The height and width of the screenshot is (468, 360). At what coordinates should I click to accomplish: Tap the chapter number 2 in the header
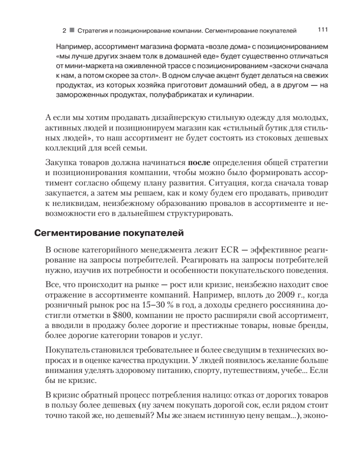(x=64, y=30)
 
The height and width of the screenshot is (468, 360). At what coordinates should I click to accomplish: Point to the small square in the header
(x=71, y=30)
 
